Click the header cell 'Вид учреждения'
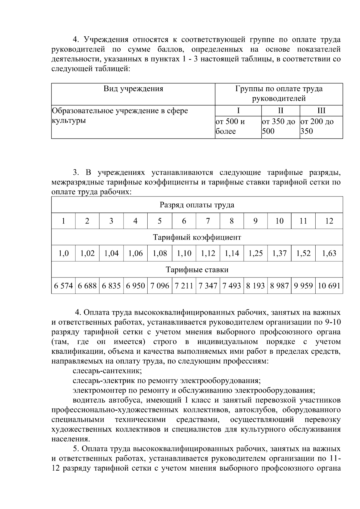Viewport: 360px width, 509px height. tap(133, 89)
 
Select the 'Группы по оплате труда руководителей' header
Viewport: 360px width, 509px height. tap(279, 94)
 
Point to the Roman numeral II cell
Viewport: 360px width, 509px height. tap(280, 111)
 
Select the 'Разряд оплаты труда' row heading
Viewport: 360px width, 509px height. tap(197, 205)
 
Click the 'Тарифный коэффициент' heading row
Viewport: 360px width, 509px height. tap(197, 238)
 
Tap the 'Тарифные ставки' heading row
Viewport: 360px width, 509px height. tap(197, 270)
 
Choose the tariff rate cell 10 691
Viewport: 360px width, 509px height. tap(329, 286)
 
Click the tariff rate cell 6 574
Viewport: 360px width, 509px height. tap(63, 286)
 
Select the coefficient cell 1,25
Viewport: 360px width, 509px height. tap(255, 253)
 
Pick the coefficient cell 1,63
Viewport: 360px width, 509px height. tap(329, 253)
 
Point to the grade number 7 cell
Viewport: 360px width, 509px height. tap(208, 221)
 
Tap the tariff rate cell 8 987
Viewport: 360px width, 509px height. tap(279, 286)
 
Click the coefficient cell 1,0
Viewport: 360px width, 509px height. tap(63, 253)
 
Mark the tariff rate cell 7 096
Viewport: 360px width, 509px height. tap(160, 286)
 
